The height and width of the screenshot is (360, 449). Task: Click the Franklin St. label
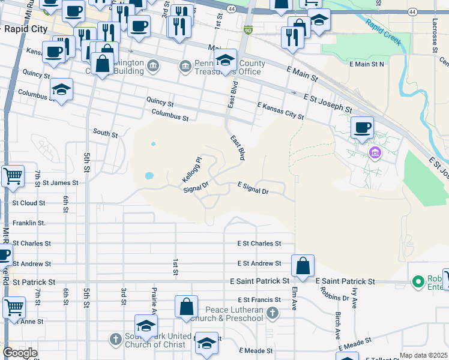click(x=29, y=223)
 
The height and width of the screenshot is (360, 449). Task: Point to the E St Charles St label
click(x=259, y=244)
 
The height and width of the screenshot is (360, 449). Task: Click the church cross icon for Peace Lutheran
click(x=273, y=313)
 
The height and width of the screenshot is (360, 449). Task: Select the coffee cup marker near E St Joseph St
click(x=362, y=128)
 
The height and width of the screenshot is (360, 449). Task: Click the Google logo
click(x=20, y=353)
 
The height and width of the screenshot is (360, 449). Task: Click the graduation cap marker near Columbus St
click(x=61, y=90)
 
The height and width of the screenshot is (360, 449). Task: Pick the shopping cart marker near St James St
click(x=13, y=177)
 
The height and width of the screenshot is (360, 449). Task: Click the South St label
click(x=105, y=132)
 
